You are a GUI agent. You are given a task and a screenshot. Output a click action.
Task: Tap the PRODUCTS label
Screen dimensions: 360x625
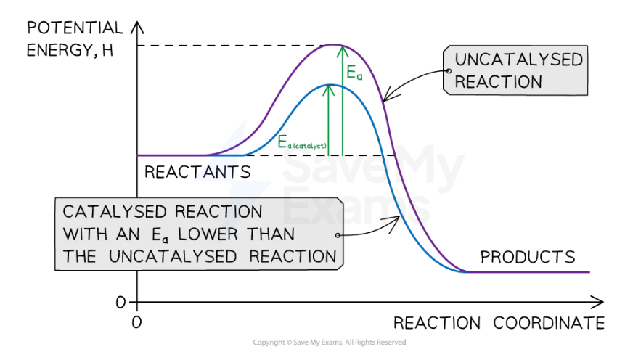528,257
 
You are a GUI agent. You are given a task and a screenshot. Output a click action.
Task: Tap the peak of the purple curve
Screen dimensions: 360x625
335,45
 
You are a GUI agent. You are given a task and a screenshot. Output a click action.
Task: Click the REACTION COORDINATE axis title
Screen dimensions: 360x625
499,323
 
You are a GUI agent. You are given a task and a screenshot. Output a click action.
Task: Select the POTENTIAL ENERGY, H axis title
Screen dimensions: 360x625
75,40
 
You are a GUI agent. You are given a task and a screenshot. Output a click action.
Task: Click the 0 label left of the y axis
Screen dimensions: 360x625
121,301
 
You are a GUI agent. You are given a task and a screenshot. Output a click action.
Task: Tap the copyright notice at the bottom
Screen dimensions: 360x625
329,343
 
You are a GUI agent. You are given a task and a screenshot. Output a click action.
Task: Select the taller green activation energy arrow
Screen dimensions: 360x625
342,102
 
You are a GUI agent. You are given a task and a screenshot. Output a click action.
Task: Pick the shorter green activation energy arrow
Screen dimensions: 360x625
329,120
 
